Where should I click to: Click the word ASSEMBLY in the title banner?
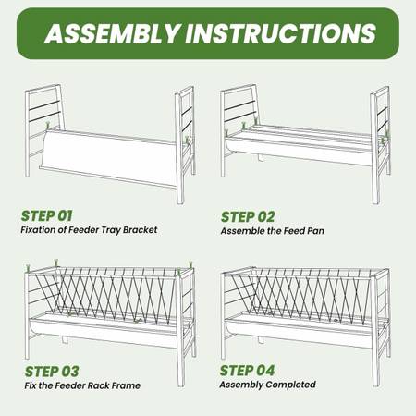[x=112, y=33]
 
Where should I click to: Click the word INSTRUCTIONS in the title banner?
[x=281, y=33]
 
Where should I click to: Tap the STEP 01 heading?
[x=46, y=216]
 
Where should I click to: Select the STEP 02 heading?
[x=248, y=217]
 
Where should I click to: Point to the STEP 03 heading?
[x=52, y=372]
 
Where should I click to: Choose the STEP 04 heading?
[x=247, y=371]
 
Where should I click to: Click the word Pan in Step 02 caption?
[x=315, y=231]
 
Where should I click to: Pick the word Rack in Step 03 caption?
[x=95, y=385]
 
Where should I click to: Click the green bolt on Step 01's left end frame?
[x=48, y=126]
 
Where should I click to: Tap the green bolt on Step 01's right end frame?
[x=187, y=141]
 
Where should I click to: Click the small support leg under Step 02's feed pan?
[x=261, y=157]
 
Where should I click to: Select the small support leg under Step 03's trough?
[x=65, y=339]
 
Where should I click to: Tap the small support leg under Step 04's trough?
[x=261, y=339]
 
